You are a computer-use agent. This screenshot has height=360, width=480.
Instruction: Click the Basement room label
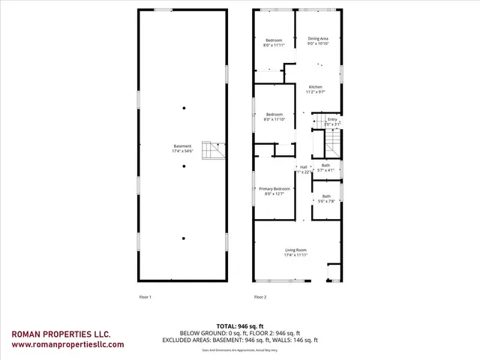182,149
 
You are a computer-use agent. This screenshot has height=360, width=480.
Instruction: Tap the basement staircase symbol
217,150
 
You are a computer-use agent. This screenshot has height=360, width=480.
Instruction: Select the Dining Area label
318,41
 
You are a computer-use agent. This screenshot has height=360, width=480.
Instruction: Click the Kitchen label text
316,89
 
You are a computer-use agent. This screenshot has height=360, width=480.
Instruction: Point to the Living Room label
295,253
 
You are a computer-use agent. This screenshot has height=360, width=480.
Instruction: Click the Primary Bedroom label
274,191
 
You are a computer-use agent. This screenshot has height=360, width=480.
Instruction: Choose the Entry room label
333,121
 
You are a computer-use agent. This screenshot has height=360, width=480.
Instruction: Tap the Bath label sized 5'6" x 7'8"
325,199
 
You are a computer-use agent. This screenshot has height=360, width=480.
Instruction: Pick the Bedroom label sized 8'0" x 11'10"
274,116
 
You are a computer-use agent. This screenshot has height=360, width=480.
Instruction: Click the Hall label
304,169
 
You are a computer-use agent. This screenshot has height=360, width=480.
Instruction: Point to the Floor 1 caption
145,298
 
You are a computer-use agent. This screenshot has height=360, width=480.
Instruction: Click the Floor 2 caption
260,298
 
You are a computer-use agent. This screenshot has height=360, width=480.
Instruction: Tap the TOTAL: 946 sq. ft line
240,326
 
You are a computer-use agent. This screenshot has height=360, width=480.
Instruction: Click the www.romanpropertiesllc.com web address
68,345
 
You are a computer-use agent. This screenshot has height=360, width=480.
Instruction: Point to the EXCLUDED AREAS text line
240,340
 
